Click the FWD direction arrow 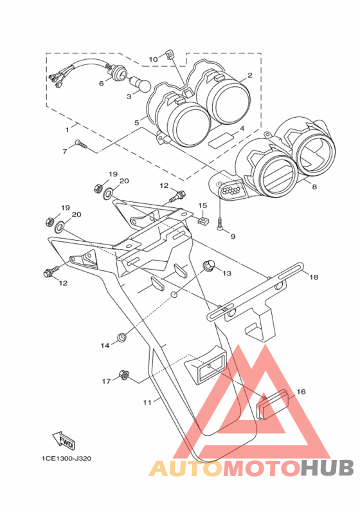[64, 441]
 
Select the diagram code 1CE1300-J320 [66, 459]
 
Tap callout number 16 [301, 392]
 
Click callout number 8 [314, 187]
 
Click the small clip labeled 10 [169, 55]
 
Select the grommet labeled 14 [122, 337]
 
